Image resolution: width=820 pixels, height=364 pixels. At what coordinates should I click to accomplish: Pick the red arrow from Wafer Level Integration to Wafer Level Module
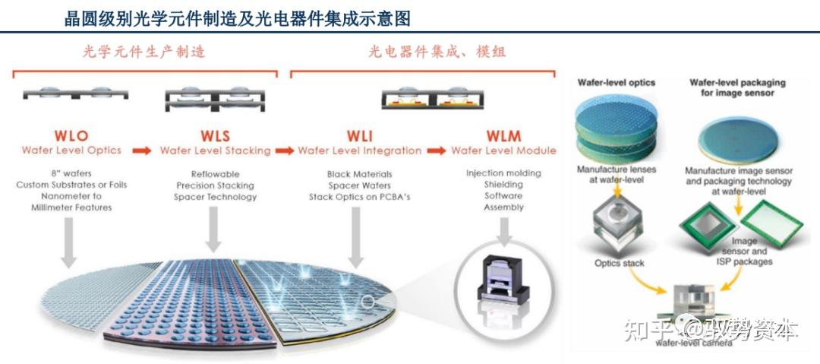coord(436,151)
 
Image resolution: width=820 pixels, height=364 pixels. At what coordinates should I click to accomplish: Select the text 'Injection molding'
coord(503,173)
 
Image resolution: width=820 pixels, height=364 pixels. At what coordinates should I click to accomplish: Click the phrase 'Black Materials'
coord(359,173)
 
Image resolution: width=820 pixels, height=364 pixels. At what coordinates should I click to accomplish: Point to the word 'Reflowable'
coord(216,173)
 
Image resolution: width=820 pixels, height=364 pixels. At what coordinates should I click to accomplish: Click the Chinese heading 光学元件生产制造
coord(143,52)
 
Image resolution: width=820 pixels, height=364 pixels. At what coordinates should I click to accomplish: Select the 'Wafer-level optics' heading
coord(616,82)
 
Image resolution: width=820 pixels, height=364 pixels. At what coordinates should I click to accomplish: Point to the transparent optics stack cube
coord(619,225)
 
